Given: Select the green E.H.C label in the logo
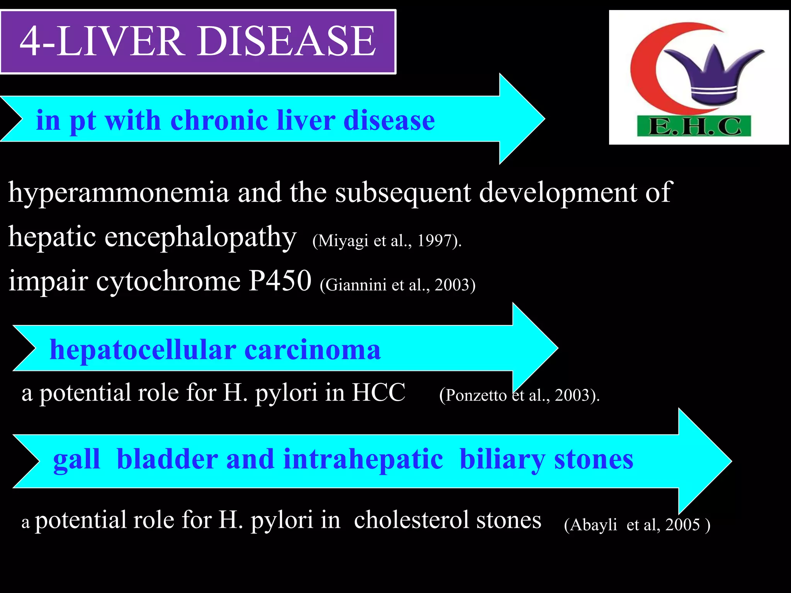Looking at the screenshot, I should [x=694, y=126].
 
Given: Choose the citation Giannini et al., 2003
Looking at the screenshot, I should [x=397, y=285].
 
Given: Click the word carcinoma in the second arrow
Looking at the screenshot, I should [x=312, y=350].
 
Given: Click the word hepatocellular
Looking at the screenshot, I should [x=143, y=350].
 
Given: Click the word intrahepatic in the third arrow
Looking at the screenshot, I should [x=363, y=459].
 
